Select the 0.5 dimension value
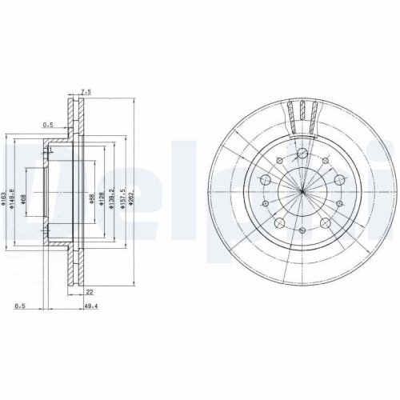point(47,124)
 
